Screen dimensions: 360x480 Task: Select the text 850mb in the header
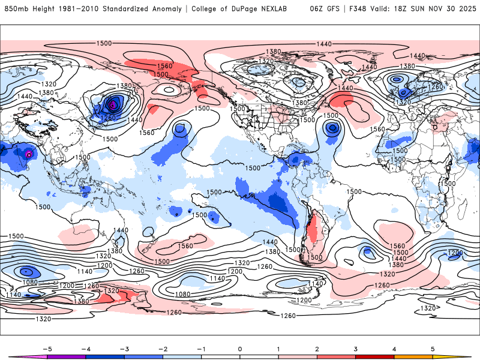click(14, 9)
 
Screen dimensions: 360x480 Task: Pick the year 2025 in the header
click(465, 9)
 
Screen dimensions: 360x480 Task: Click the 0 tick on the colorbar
click(240, 348)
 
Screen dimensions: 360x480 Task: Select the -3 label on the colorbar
click(124, 348)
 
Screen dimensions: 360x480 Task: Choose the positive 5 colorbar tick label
click(433, 348)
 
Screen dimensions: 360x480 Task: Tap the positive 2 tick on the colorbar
click(317, 348)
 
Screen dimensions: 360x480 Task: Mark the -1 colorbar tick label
click(201, 348)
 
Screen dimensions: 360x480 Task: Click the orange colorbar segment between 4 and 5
click(414, 356)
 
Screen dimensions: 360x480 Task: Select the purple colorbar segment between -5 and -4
click(66, 356)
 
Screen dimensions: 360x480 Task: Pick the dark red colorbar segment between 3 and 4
click(375, 356)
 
